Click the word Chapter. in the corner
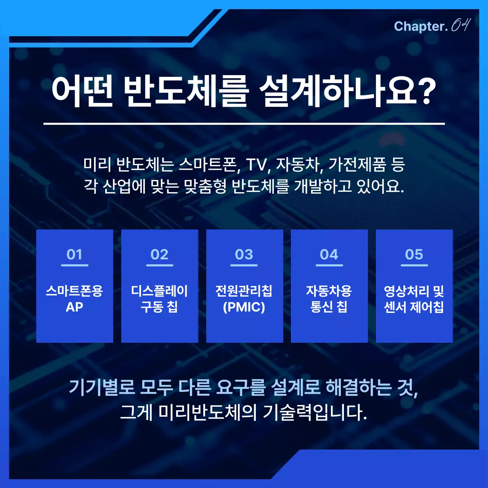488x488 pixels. [x=421, y=26]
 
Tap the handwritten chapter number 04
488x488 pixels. [x=461, y=25]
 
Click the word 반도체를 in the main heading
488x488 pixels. [x=186, y=91]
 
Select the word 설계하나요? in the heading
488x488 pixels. [x=347, y=91]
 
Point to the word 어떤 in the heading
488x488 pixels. [x=82, y=91]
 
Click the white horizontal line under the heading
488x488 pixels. [x=244, y=124]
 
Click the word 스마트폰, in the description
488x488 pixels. [x=209, y=165]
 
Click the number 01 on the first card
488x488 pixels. [x=74, y=254]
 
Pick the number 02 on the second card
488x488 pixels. [x=159, y=254]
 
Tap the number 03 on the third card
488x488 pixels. [x=244, y=254]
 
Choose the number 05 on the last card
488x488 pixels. [x=414, y=254]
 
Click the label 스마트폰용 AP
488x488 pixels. [x=74, y=299]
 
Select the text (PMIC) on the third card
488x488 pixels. [x=244, y=307]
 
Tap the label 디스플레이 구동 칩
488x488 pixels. [x=159, y=299]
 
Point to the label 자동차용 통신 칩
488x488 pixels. [x=329, y=299]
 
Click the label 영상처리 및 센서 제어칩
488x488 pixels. [x=414, y=299]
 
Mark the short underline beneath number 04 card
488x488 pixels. [x=329, y=265]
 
